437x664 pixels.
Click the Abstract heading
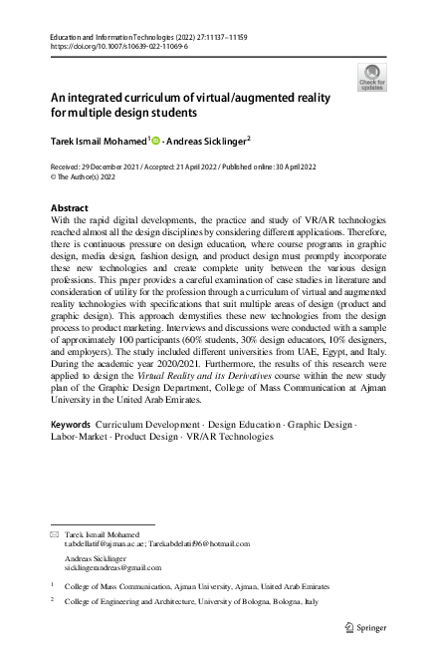pos(69,207)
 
